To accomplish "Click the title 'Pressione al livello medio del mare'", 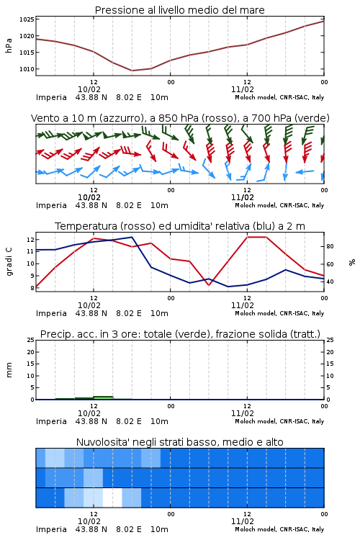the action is coord(179,10).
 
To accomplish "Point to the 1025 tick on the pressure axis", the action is coord(27,19).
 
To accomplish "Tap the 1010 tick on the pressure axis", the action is coord(27,69).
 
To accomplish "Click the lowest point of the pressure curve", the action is coord(132,71).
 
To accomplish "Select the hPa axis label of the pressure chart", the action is coord(9,45).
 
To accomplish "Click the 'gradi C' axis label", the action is coord(9,261).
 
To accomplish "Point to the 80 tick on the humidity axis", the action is coord(330,246).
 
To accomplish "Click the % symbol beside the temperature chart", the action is coord(352,262).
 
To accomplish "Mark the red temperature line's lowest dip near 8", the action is coord(209,285).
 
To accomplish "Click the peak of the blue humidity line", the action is coord(132,237).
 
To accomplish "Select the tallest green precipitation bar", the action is coord(104,397).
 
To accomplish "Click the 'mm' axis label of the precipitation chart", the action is coord(9,370).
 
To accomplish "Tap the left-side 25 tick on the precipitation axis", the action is coord(31,340).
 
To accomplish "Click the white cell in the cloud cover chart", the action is coord(112,498).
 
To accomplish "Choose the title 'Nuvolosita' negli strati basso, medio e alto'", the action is coord(179,442).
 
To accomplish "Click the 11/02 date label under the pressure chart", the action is coord(243,89).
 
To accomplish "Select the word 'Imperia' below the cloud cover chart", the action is coord(51,529).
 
